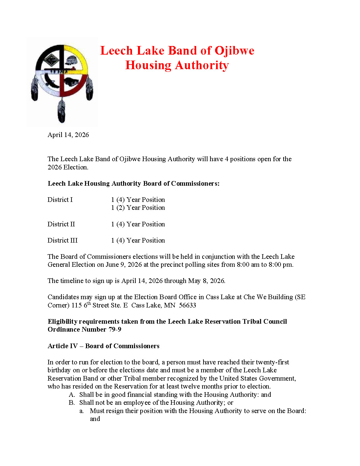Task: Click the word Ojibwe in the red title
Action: (x=234, y=51)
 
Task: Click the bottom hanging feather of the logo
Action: (x=62, y=111)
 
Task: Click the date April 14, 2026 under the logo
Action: (x=68, y=135)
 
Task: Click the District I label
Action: (x=60, y=200)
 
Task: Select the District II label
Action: (x=61, y=224)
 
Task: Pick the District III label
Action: (x=63, y=240)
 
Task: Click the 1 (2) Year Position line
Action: (x=138, y=208)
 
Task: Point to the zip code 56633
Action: (x=187, y=305)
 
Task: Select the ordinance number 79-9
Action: (x=115, y=330)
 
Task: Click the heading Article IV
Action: (x=63, y=346)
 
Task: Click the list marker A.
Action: (x=72, y=395)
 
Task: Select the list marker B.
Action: (x=72, y=403)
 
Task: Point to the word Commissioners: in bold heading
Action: (x=195, y=184)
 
